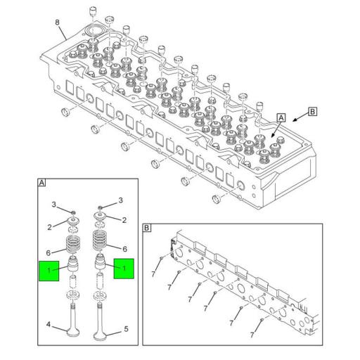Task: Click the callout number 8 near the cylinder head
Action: point(57,22)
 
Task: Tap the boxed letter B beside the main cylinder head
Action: point(312,112)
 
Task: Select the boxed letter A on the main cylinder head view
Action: point(281,118)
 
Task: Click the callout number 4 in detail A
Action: point(49,325)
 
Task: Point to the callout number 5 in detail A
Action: point(126,329)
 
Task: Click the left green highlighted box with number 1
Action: point(49,271)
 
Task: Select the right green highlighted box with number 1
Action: point(124,269)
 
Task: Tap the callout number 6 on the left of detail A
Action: point(49,253)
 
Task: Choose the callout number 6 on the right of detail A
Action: point(125,249)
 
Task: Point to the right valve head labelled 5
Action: point(101,336)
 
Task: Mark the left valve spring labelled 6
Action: point(73,244)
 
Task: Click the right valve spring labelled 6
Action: point(100,240)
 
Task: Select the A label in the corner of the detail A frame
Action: point(41,183)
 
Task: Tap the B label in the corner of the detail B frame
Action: point(146,228)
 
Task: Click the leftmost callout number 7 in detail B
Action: point(153,274)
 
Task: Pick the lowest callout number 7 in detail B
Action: point(252,335)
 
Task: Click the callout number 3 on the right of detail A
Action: point(120,200)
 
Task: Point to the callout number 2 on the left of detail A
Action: point(49,227)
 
